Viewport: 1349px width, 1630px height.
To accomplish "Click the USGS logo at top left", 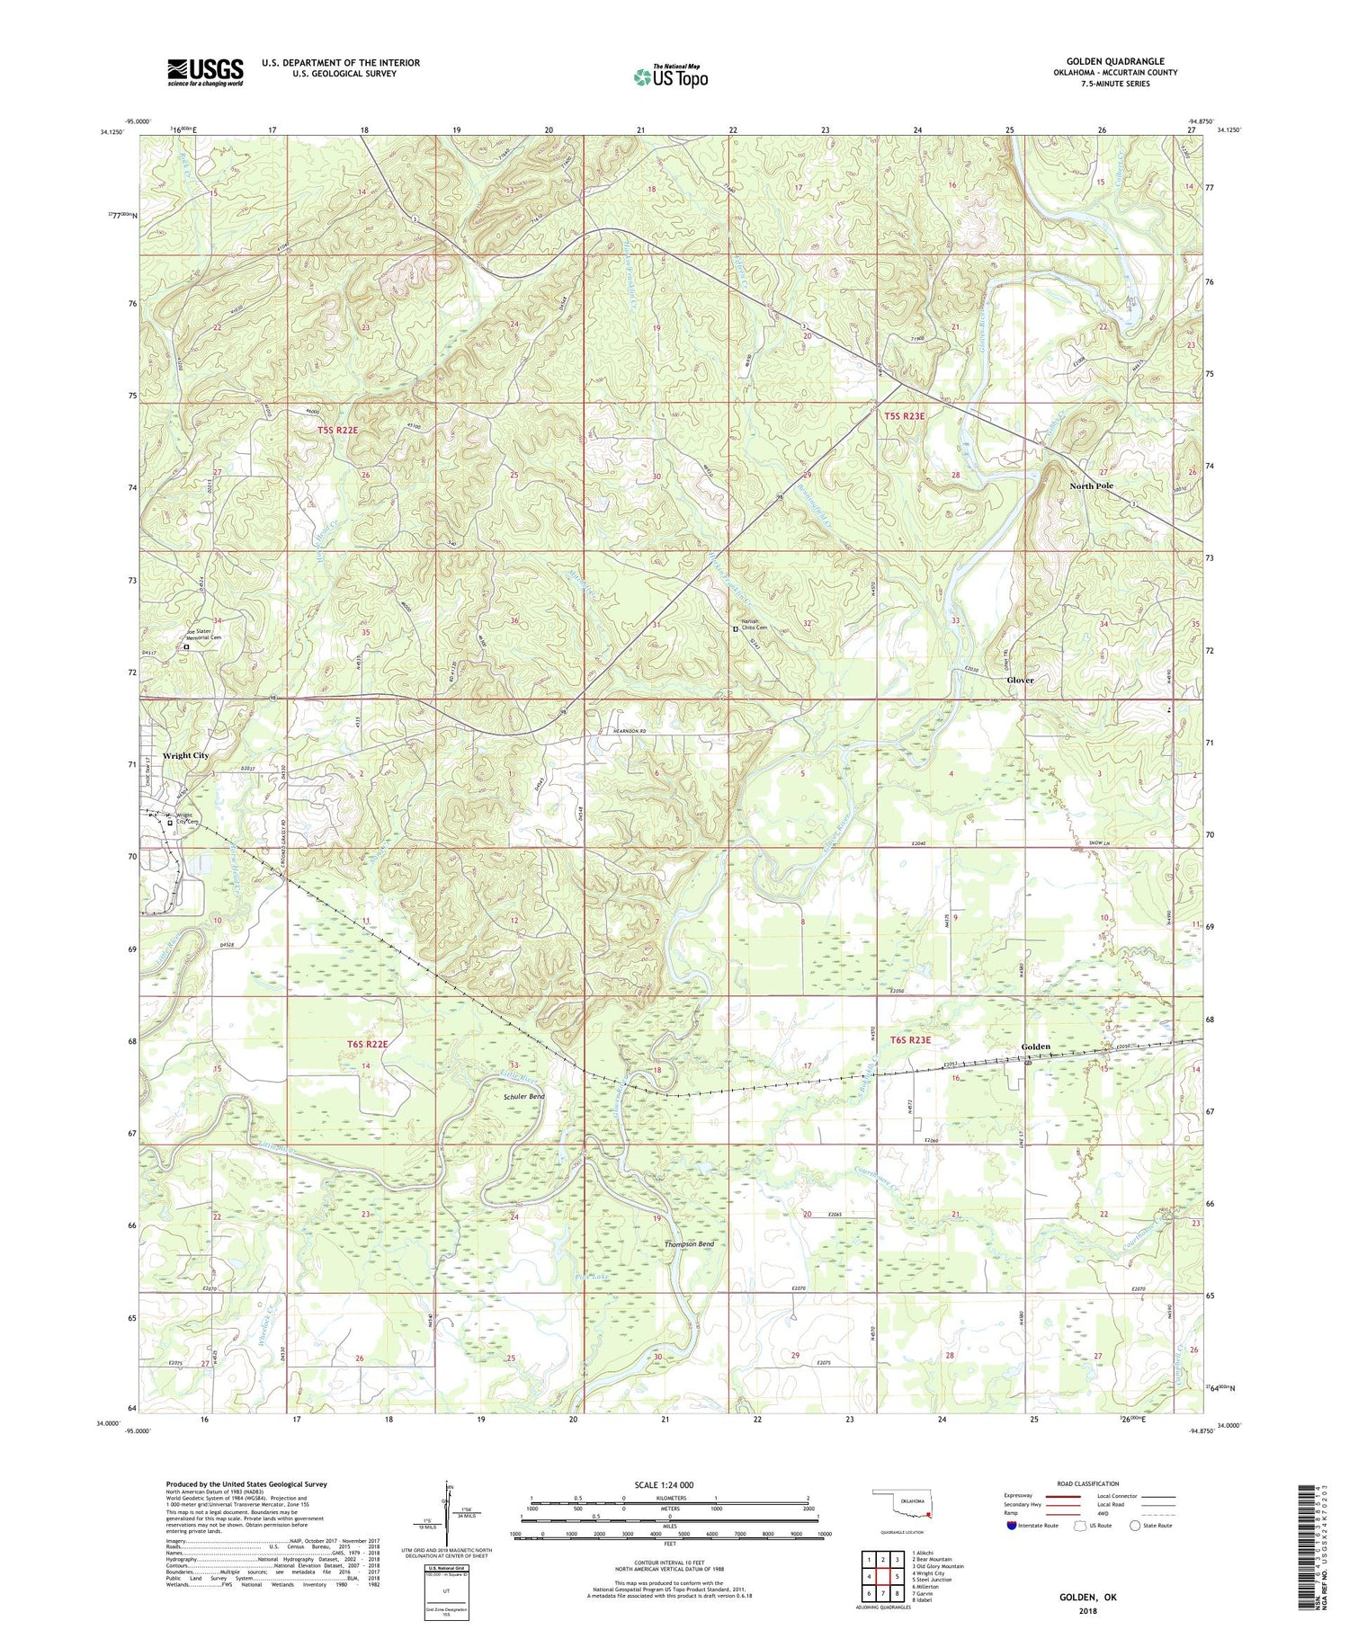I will click(x=205, y=72).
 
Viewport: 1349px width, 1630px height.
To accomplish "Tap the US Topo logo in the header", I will click(x=671, y=76).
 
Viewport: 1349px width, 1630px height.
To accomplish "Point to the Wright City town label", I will click(x=185, y=755).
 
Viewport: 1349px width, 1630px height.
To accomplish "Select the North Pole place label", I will click(x=1091, y=485).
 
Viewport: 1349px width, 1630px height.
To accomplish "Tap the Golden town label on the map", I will click(x=1035, y=1047).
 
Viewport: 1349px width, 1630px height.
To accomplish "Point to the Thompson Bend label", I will click(x=689, y=1244).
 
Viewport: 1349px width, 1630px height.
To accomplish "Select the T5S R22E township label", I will click(x=337, y=431).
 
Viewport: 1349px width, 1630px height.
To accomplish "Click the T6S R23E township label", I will click(x=911, y=1040).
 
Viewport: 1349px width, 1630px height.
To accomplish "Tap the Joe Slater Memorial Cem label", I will click(x=203, y=634).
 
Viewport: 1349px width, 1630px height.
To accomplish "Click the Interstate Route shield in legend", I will click(x=1011, y=1525).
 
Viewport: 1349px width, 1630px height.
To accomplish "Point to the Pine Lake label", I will click(x=590, y=1275).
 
